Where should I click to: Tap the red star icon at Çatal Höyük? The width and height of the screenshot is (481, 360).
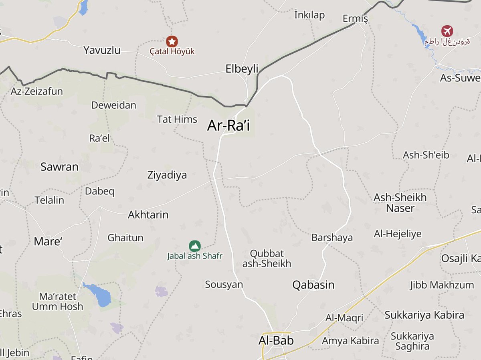(x=172, y=41)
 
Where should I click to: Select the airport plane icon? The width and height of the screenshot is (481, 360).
(x=447, y=30)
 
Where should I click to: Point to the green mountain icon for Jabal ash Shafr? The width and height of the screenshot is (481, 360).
(x=194, y=245)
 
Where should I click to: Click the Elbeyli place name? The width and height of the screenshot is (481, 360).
(x=242, y=69)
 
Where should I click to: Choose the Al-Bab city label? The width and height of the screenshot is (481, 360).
(x=276, y=341)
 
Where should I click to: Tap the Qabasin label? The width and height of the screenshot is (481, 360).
(x=313, y=285)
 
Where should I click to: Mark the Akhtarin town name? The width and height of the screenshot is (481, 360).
(x=148, y=215)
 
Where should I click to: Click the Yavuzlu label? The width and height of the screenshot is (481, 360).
(x=102, y=50)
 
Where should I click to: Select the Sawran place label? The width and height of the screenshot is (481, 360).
(x=59, y=167)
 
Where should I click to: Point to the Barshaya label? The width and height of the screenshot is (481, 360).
(x=332, y=238)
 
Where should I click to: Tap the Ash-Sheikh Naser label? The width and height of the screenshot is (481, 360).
(x=400, y=202)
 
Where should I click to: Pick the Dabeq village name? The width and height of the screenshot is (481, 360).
(x=99, y=191)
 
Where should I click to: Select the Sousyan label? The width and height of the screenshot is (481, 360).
(x=224, y=285)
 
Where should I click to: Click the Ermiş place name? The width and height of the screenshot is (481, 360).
(x=355, y=18)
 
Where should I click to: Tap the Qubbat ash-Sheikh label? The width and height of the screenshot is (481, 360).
(x=267, y=259)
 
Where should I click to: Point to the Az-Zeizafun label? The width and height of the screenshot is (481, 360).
(x=37, y=91)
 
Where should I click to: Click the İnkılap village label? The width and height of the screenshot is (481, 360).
(x=309, y=15)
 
